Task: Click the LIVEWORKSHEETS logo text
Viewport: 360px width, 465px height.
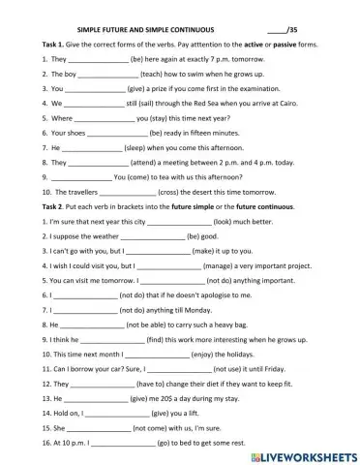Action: click(298, 453)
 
